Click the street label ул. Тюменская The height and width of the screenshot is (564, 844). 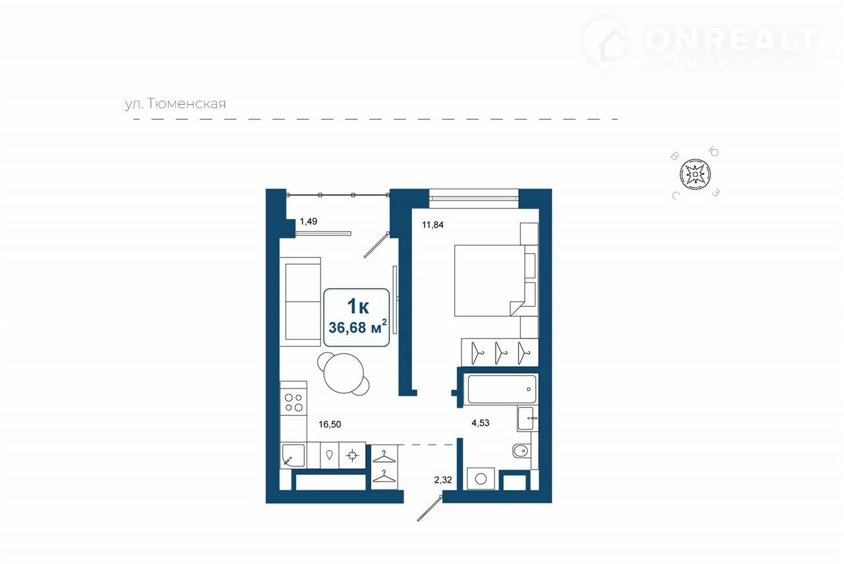click(175, 104)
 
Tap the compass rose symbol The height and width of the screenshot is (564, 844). click(695, 174)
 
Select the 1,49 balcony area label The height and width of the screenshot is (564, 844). click(308, 221)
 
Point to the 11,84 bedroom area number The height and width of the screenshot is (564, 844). click(433, 225)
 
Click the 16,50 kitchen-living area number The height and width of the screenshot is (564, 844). click(330, 425)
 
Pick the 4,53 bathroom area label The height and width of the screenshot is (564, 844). click(481, 423)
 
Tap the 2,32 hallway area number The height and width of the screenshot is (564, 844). click(442, 480)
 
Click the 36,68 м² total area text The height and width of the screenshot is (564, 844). click(357, 327)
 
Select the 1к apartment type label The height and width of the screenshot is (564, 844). click(358, 306)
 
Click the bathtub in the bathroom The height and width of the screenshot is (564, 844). click(501, 389)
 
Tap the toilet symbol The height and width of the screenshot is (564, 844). click(522, 451)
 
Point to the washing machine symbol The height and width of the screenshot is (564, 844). click(481, 479)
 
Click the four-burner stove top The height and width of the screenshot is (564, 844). click(293, 402)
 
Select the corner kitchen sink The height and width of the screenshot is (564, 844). click(293, 456)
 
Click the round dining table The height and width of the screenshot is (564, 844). click(344, 373)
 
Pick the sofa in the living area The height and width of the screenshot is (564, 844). click(300, 302)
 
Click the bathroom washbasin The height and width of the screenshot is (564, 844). click(527, 418)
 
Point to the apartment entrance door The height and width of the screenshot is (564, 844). click(429, 509)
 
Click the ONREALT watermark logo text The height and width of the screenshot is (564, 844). click(730, 39)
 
